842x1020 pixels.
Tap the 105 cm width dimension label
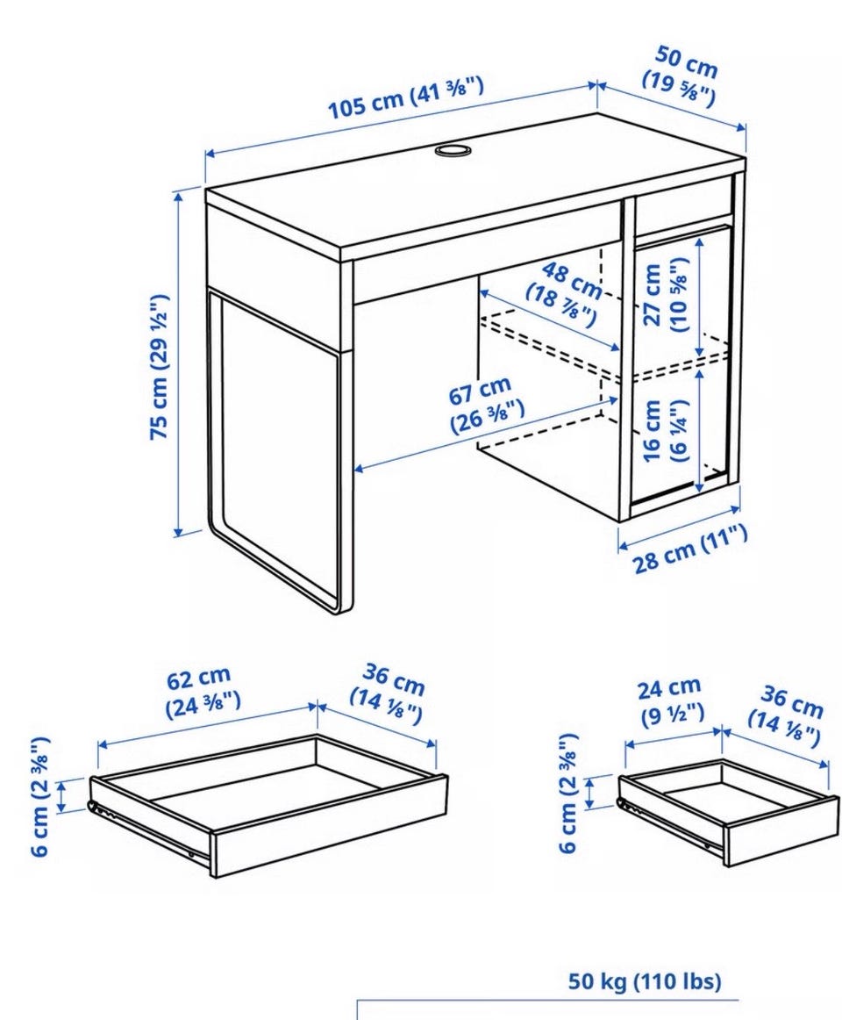point(406,97)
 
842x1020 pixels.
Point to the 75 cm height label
point(160,367)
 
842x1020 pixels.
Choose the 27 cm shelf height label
point(665,295)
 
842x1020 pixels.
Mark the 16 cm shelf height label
point(665,431)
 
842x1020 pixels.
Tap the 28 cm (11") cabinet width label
point(690,549)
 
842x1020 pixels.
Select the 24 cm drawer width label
point(671,700)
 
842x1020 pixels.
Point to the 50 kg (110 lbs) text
point(645,981)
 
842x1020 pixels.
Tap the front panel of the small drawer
point(781,829)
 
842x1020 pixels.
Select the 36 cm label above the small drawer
point(787,716)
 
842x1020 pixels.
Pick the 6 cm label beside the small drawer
point(567,793)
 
